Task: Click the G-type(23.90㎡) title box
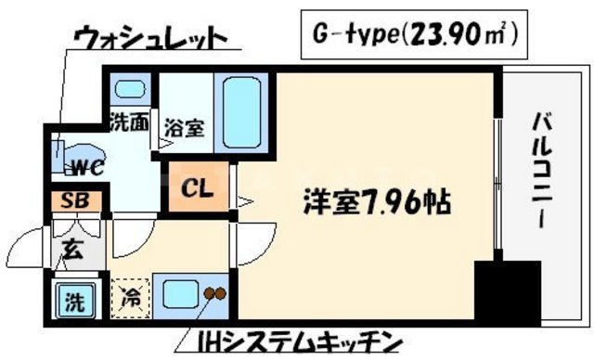[x=411, y=37]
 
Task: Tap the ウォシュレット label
[x=152, y=39]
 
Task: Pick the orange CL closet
[x=198, y=190]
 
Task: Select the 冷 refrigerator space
[x=130, y=298]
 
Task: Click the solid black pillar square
[x=507, y=292]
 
